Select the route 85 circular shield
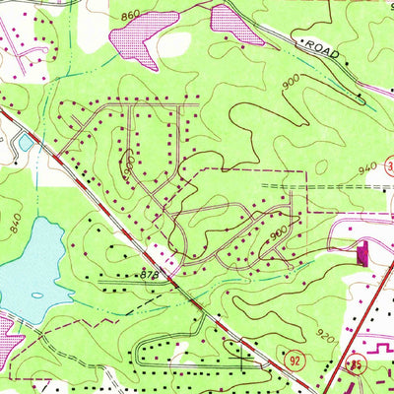[353, 367]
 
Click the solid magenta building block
[360, 253]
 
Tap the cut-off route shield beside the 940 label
[389, 164]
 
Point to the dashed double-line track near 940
[286, 184]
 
